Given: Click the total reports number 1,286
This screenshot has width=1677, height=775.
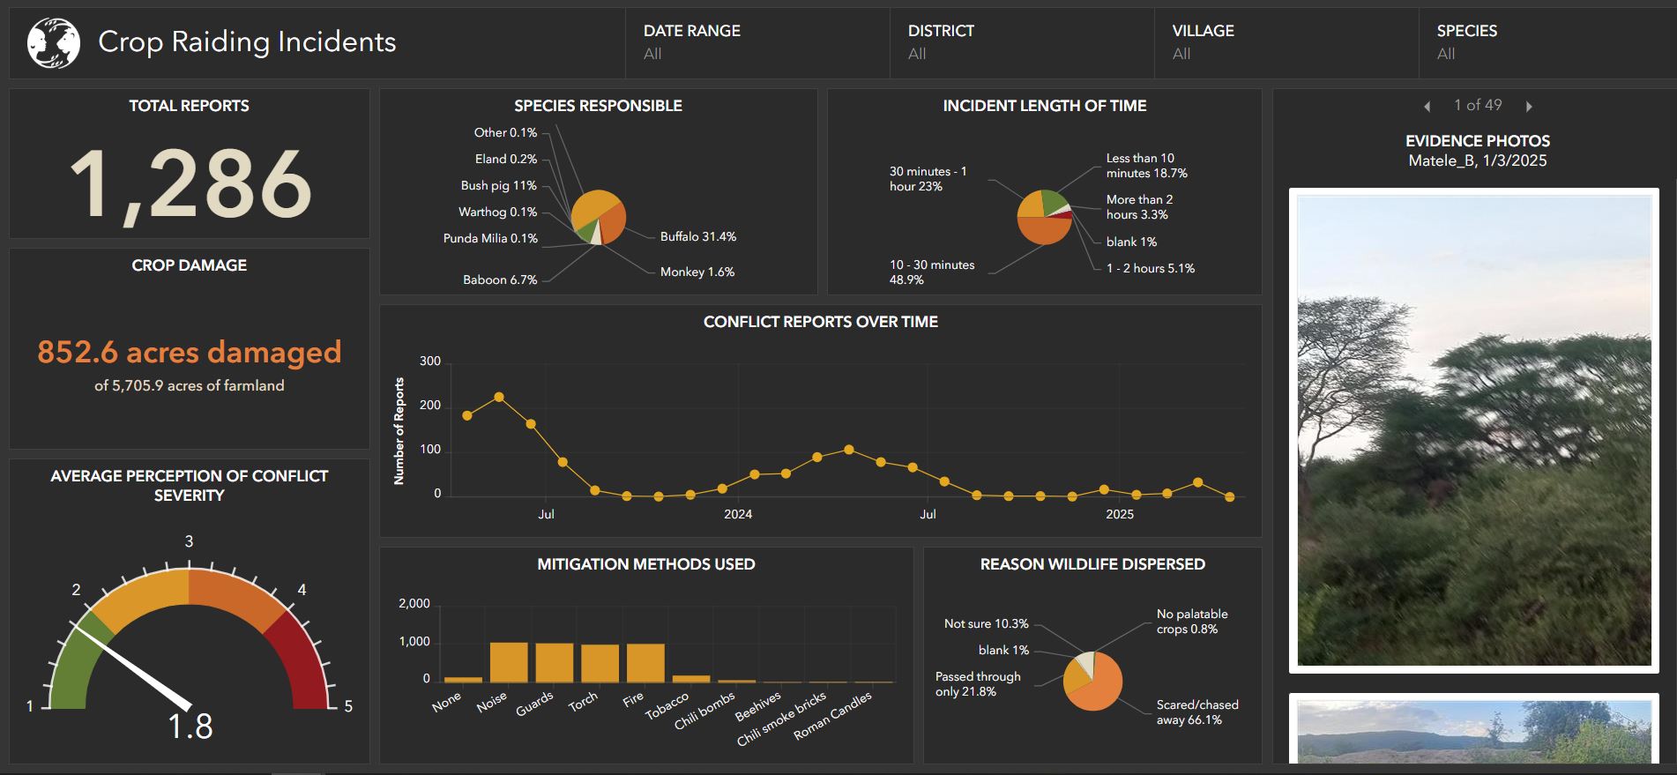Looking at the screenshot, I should pyautogui.click(x=190, y=183).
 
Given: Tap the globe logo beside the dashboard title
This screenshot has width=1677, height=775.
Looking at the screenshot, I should pyautogui.click(x=53, y=42).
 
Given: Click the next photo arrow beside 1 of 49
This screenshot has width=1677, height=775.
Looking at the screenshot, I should pyautogui.click(x=1529, y=107).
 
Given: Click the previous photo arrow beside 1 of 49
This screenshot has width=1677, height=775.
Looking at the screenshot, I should pyautogui.click(x=1427, y=107).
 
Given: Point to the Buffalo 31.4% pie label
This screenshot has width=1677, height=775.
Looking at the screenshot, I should pyautogui.click(x=697, y=236).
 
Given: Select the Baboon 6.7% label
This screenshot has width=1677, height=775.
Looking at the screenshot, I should pyautogui.click(x=500, y=279).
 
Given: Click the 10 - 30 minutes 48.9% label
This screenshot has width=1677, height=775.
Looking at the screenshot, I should pyautogui.click(x=932, y=272).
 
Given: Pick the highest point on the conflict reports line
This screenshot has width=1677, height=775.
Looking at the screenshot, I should pyautogui.click(x=499, y=397).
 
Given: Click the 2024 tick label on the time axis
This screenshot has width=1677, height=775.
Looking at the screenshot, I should pyautogui.click(x=738, y=514).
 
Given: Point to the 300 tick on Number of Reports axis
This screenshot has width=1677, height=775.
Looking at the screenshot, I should pyautogui.click(x=430, y=361).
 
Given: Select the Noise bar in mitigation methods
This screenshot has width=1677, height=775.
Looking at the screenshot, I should pyautogui.click(x=509, y=662).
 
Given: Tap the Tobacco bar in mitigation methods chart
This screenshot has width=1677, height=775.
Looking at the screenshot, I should pyautogui.click(x=691, y=678).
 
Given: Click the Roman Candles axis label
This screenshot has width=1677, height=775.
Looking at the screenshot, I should pyautogui.click(x=832, y=716).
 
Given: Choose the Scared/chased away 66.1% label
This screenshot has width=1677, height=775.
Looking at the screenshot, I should pyautogui.click(x=1196, y=712).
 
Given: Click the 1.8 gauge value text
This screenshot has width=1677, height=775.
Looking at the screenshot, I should pyautogui.click(x=190, y=727).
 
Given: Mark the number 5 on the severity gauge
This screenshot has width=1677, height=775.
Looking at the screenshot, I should pyautogui.click(x=348, y=706).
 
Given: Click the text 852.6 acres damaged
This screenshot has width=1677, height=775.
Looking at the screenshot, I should pyautogui.click(x=189, y=352).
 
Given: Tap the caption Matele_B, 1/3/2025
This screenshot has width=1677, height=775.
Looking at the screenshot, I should pyautogui.click(x=1477, y=160).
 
